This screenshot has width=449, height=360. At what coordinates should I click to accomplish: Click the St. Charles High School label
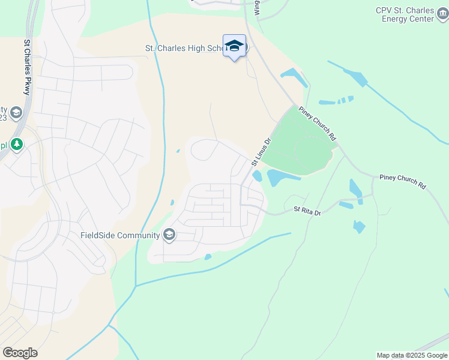click(184, 48)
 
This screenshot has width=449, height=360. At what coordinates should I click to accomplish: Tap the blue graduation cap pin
click(235, 46)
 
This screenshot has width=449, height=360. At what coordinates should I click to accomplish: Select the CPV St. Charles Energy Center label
click(413, 14)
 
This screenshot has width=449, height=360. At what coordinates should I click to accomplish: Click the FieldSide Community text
click(120, 235)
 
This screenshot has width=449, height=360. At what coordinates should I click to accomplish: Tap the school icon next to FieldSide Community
click(169, 235)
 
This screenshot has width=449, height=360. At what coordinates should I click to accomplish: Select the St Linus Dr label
click(261, 152)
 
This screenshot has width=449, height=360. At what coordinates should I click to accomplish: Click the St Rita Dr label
click(307, 212)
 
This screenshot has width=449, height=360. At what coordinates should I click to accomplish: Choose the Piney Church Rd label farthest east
click(402, 182)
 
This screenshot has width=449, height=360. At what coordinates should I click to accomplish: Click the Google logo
click(20, 352)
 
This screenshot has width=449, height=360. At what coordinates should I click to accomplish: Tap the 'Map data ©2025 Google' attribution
click(411, 355)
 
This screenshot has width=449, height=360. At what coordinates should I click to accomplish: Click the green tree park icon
click(17, 145)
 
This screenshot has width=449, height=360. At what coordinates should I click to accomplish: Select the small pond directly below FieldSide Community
click(208, 257)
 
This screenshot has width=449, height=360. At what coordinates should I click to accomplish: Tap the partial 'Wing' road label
click(257, 7)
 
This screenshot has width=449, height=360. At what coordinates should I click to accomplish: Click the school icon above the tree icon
click(16, 112)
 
